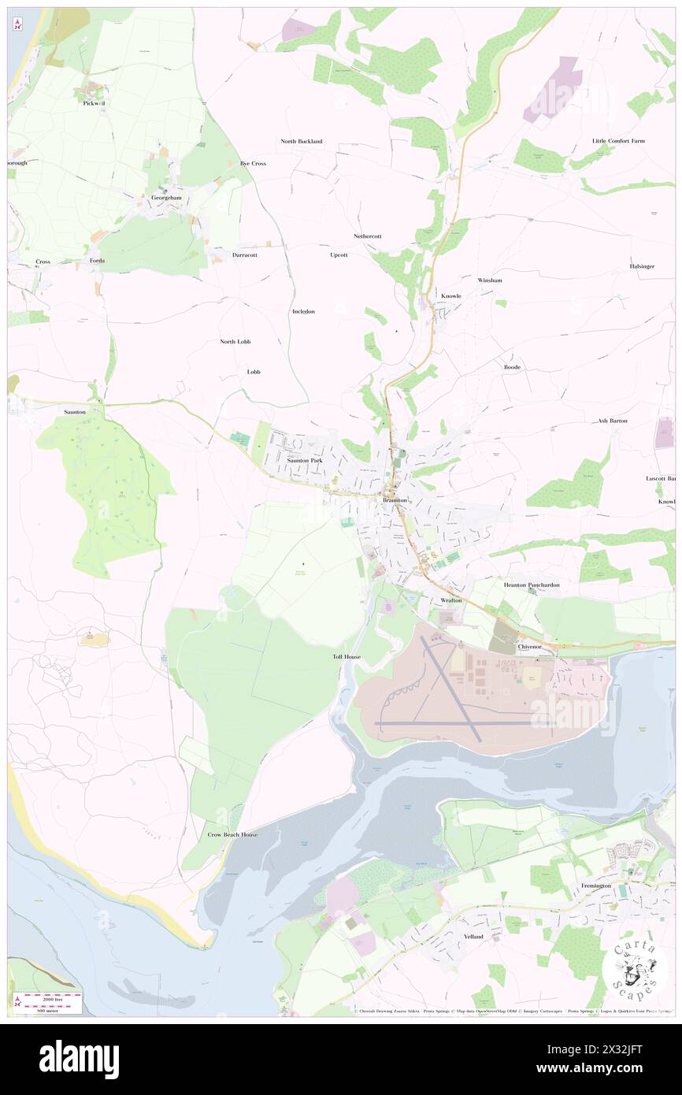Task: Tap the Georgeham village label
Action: [166, 198]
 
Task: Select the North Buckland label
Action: [302, 142]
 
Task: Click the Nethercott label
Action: [367, 236]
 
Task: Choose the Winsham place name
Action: [489, 280]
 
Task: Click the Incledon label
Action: [303, 312]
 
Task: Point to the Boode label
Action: [512, 367]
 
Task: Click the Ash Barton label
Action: [613, 421]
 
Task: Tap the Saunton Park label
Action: [305, 460]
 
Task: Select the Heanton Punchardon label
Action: [532, 585]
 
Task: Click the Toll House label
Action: [347, 657]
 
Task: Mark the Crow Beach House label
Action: [232, 834]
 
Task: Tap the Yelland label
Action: [473, 937]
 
